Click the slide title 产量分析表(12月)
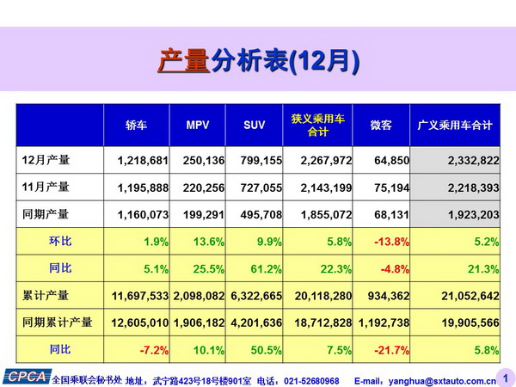(x=258, y=62)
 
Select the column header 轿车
(x=136, y=126)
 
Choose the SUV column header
(x=254, y=126)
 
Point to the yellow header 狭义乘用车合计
(x=317, y=125)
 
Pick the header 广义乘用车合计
(x=454, y=126)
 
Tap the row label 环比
(x=60, y=241)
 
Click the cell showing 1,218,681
(x=137, y=160)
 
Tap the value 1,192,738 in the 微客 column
(x=379, y=322)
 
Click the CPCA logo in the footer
(x=26, y=376)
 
